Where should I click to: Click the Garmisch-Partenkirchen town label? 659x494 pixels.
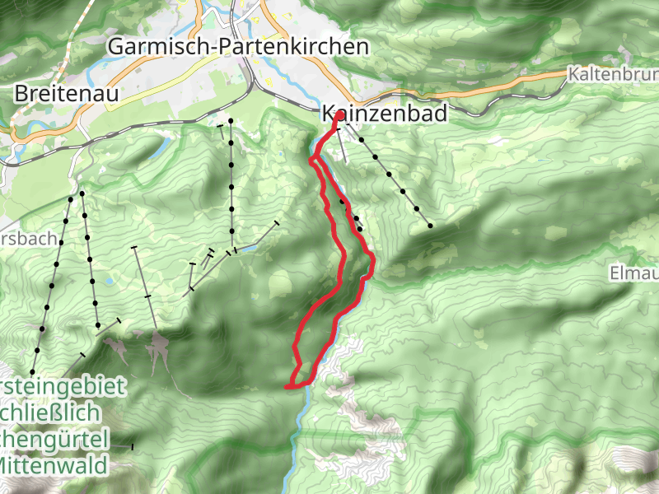(x=238, y=47)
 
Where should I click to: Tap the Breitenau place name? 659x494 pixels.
(x=67, y=94)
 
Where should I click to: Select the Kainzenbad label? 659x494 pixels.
(x=384, y=114)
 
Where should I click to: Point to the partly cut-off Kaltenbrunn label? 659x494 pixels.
(x=613, y=75)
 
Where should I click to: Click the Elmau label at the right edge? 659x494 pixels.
(x=633, y=273)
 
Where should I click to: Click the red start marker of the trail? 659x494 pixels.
(x=339, y=115)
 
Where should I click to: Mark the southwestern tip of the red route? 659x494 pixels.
(x=287, y=385)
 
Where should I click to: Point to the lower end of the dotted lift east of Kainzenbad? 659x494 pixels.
(x=430, y=225)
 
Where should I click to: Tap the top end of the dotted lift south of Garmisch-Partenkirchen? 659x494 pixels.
(x=231, y=121)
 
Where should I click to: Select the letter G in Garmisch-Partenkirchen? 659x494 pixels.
(x=117, y=47)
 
